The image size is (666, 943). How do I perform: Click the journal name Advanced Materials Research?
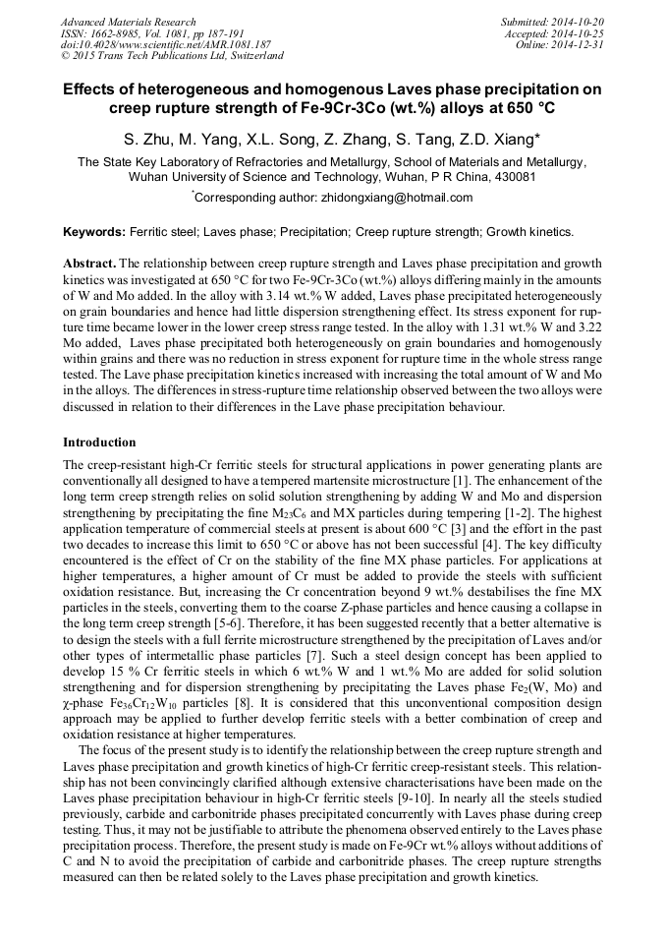coord(128,22)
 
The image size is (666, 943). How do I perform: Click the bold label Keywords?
coord(93,233)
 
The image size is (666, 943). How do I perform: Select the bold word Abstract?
coord(89,265)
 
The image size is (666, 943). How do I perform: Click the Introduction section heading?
coord(99,442)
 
